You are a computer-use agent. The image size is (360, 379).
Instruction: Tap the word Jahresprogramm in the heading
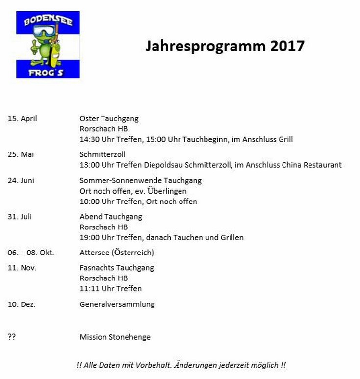206,46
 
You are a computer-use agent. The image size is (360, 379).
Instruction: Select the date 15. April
22,118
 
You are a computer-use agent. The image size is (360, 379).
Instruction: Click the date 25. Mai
21,154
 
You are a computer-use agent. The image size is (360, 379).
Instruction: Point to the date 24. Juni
21,180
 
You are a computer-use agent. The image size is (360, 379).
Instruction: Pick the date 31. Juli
20,216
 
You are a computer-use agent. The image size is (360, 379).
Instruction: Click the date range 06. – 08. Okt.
31,253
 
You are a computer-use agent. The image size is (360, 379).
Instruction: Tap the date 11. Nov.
22,268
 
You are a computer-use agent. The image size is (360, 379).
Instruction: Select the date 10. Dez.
22,304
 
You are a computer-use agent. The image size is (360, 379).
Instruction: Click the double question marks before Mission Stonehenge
12,337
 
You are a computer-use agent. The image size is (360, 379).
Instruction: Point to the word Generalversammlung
117,304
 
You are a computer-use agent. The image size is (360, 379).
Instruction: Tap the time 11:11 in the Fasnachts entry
89,288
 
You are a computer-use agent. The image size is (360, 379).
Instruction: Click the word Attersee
94,253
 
